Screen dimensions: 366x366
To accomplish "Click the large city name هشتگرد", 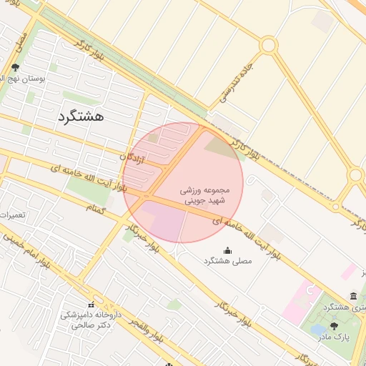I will point(79,116).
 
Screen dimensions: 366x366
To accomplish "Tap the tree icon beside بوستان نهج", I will point(15,68).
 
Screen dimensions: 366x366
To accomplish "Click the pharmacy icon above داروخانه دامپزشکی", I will point(91,304).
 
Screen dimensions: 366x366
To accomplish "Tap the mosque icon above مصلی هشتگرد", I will point(227,250).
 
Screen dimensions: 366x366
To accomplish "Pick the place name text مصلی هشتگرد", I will point(227,262).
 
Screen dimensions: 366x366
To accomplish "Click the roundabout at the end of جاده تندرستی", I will point(268,46).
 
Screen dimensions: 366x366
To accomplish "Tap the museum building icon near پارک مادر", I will point(353,296).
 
